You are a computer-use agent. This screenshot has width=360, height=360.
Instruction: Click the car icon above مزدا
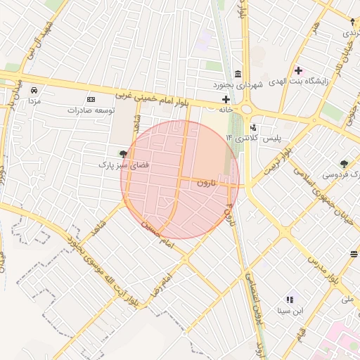coord(34,90)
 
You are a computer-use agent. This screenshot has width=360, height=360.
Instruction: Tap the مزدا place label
coord(34,101)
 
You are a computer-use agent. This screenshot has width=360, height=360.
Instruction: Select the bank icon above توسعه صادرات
coord(91,100)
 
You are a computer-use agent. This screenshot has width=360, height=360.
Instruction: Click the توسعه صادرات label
coord(91,110)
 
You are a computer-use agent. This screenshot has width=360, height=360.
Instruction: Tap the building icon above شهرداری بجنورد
coord(238,74)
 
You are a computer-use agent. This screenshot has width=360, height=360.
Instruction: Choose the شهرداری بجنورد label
coord(238,84)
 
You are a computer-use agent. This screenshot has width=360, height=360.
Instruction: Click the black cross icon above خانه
coord(226,100)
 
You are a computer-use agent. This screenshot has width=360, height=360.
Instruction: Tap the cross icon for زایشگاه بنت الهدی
coord(299,70)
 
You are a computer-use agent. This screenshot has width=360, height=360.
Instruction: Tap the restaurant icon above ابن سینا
coord(289,299)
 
